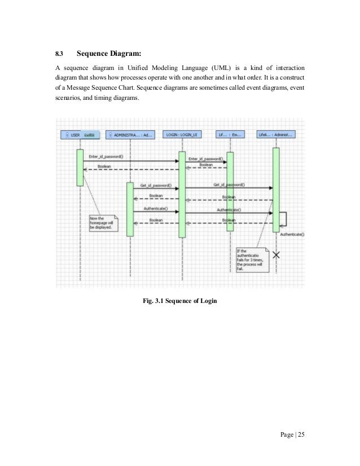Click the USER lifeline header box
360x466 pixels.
(80, 135)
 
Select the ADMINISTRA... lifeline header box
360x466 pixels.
(129, 135)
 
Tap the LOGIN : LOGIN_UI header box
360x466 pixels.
(182, 135)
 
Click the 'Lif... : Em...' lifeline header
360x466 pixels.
(230, 135)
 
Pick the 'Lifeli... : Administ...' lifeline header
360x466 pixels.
(275, 135)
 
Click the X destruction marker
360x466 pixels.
(276, 254)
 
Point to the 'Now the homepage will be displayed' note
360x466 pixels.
(103, 223)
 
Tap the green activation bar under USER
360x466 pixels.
(80, 167)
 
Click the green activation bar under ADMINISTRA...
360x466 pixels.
(130, 209)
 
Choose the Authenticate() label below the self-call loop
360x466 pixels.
(292, 234)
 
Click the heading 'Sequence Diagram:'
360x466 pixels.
(108, 55)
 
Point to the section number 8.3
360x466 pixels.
(59, 55)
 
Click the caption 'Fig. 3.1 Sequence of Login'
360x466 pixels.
(180, 300)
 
